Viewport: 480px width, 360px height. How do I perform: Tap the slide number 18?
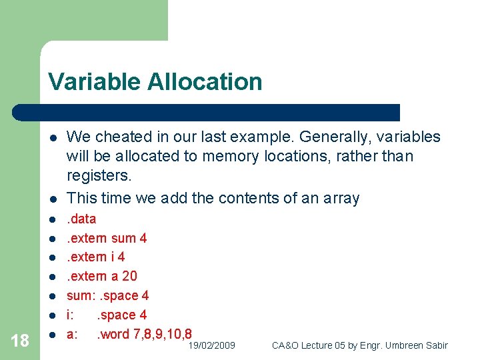click(21, 341)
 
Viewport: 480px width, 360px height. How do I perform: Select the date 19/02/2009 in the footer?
click(211, 345)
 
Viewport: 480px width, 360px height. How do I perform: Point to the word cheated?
click(123, 137)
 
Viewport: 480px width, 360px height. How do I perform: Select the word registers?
click(99, 175)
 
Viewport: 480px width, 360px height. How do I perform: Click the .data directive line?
click(81, 219)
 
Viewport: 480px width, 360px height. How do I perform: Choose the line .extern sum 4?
click(107, 238)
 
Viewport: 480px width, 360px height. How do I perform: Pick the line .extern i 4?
click(95, 257)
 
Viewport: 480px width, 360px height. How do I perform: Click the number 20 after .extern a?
click(129, 276)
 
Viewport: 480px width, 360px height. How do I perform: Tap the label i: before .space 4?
click(70, 315)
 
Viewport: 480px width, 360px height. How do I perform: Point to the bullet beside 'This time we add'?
click(52, 199)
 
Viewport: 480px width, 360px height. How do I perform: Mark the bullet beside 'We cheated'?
click(52, 137)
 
